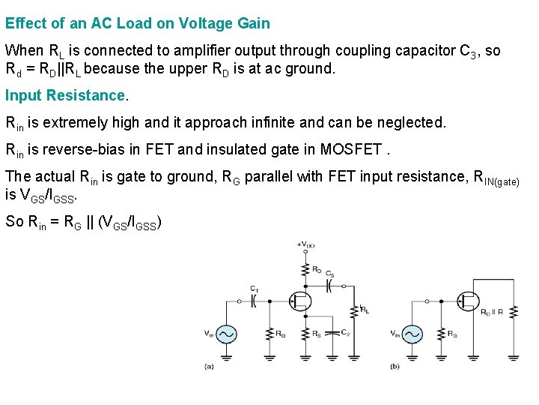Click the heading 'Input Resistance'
[66, 95]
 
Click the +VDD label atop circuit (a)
[305, 244]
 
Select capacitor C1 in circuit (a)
[254, 301]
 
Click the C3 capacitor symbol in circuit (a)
[329, 286]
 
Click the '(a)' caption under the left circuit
[209, 366]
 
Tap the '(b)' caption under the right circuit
[395, 366]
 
